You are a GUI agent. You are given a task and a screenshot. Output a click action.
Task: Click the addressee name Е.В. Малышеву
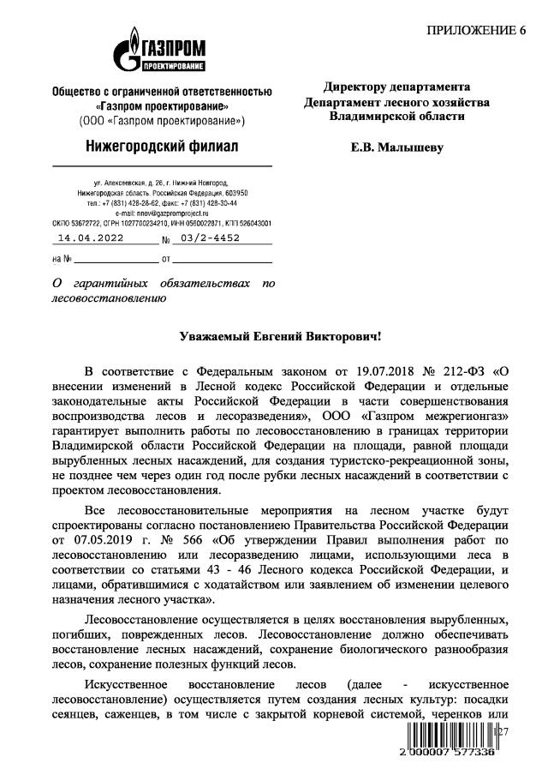click(x=397, y=147)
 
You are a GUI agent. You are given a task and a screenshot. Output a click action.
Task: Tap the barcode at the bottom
click(x=445, y=738)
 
